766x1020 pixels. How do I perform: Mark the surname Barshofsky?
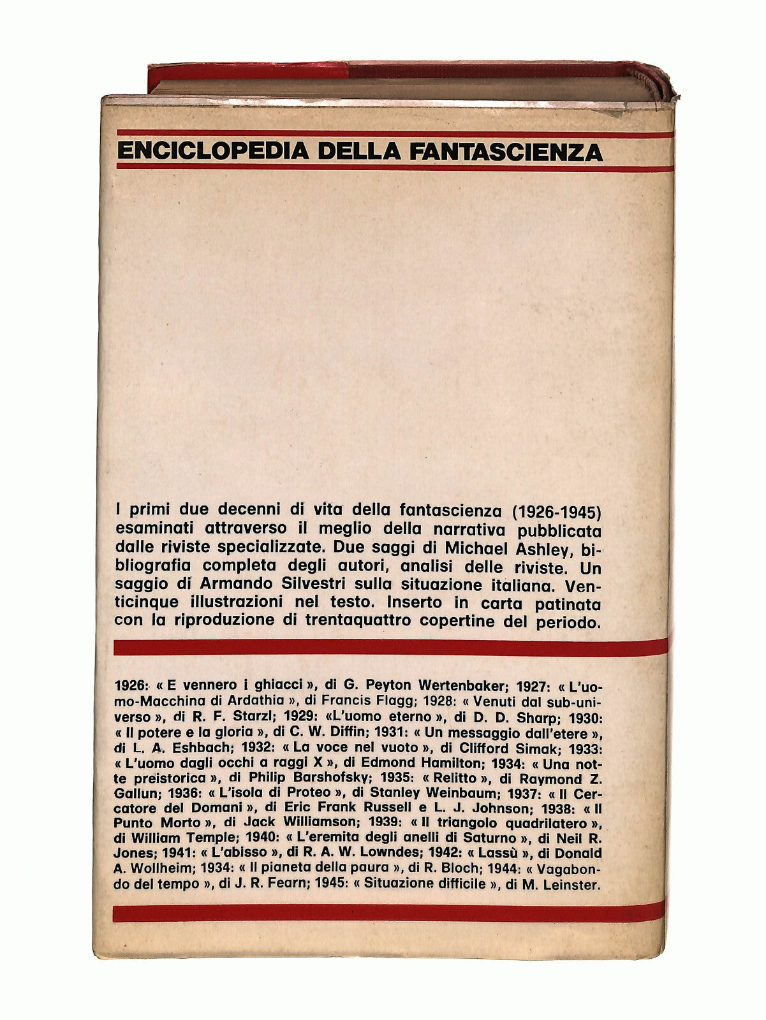coord(329,778)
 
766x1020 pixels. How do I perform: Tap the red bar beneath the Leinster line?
coord(388,913)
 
